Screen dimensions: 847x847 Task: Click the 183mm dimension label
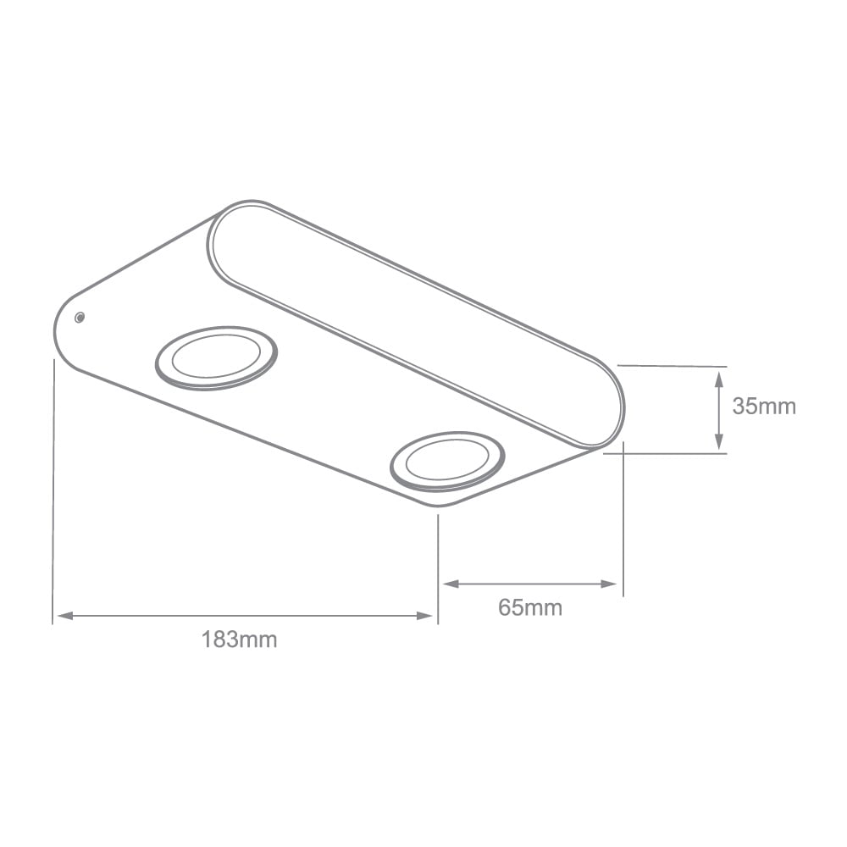239,639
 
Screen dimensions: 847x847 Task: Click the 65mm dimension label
530,607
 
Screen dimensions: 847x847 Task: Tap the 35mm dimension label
764,407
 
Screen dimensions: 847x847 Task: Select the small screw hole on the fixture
79,318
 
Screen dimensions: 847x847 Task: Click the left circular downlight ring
216,357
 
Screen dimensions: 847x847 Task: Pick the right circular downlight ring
447,461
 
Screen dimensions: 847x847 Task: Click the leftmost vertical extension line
53,491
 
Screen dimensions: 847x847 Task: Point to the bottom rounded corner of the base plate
440,505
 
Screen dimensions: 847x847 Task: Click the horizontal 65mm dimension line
530,584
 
